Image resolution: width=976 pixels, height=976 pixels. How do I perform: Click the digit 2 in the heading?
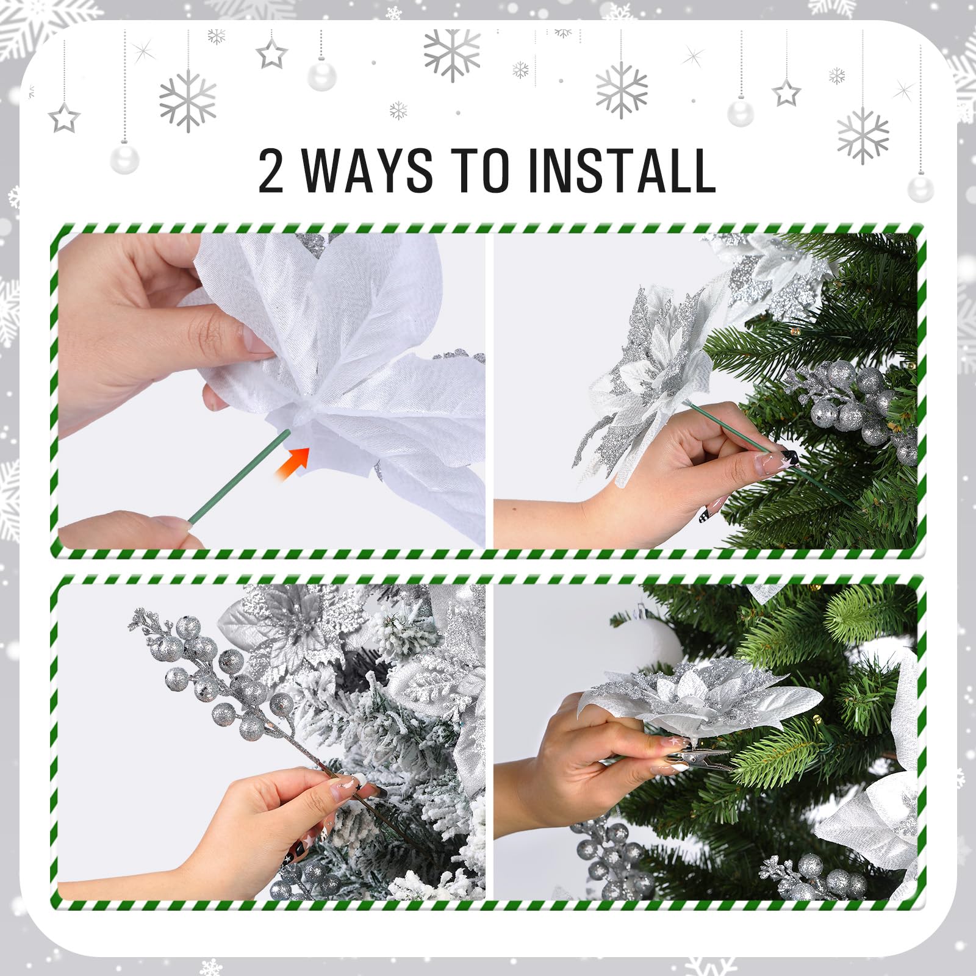click(x=271, y=171)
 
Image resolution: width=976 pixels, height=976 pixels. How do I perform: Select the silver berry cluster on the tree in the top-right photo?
click(x=854, y=403)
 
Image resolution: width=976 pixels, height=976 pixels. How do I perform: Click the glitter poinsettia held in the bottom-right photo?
click(x=701, y=701)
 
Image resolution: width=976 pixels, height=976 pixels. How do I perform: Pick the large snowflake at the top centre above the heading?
click(x=452, y=54)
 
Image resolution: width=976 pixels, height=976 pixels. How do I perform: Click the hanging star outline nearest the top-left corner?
click(x=63, y=118)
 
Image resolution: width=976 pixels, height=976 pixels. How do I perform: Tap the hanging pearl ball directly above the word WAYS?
click(x=321, y=75)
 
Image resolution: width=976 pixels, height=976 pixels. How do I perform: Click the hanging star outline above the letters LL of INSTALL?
click(x=786, y=93)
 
